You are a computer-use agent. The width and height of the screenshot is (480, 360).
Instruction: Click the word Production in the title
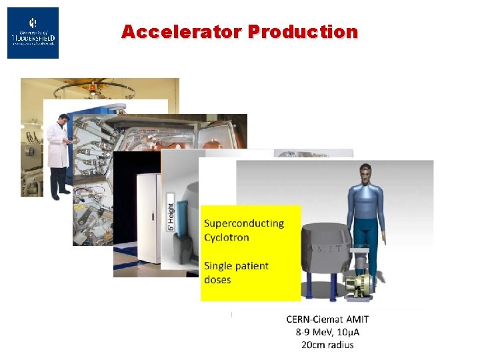click(x=303, y=31)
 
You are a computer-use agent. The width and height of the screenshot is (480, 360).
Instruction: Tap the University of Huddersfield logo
click(x=33, y=33)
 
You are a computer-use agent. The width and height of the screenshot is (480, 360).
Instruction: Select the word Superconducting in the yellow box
click(x=244, y=223)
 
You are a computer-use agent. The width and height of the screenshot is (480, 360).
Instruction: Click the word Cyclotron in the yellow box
click(x=227, y=237)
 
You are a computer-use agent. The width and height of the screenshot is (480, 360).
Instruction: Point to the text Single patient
click(x=236, y=265)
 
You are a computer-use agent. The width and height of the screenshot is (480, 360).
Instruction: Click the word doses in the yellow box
click(x=217, y=280)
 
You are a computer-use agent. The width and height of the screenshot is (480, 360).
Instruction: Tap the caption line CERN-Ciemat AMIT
click(x=327, y=319)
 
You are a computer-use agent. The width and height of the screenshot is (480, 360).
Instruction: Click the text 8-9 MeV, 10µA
click(x=327, y=332)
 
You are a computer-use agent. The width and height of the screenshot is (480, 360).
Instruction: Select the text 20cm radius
click(x=327, y=345)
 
